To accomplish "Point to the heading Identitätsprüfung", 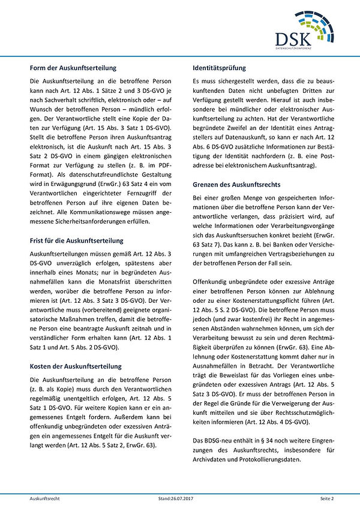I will (220, 68).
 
